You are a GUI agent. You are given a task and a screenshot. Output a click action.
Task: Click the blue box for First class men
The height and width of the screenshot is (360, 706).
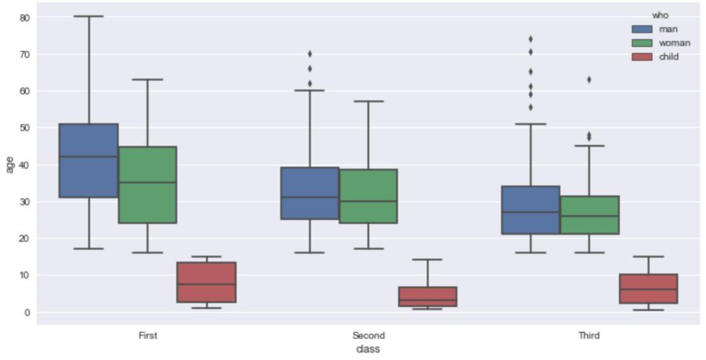88,160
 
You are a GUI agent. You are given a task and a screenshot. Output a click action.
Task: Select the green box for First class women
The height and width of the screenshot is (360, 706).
147,184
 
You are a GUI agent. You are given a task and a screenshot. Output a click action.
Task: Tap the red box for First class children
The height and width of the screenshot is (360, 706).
207,282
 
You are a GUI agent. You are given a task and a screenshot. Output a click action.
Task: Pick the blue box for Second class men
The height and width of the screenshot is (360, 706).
309,193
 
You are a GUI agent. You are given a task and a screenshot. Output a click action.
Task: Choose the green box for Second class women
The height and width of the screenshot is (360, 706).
368,196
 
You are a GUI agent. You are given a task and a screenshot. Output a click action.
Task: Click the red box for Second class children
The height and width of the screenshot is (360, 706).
428,297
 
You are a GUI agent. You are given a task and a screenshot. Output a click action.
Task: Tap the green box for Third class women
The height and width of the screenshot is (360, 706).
589,215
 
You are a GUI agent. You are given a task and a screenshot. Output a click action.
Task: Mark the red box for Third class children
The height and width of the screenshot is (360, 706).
648,289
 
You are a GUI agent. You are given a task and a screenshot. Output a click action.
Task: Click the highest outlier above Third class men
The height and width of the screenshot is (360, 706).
530,39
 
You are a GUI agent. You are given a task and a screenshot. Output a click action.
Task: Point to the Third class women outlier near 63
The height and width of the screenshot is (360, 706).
589,80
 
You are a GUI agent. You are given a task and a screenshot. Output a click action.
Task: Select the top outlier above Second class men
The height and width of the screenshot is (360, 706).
310,54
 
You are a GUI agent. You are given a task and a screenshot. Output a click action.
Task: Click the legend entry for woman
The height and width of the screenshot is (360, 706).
674,43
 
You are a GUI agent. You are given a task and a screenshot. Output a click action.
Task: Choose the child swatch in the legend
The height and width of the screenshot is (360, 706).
643,57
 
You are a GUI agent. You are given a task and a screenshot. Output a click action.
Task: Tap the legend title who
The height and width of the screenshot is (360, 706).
660,15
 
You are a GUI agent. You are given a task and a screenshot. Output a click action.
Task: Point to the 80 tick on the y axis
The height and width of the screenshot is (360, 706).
25,17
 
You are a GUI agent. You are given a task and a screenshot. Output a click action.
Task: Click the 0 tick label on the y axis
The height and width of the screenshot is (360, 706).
27,312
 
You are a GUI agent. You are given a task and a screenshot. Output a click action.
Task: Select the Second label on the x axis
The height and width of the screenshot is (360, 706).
369,336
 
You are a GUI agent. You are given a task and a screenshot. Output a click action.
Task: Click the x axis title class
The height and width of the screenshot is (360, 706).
368,350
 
